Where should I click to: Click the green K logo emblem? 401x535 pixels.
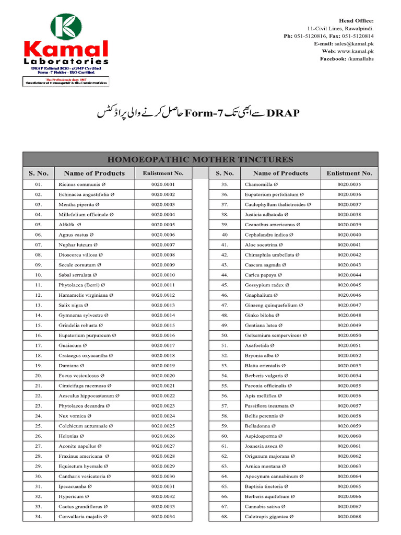[x=66, y=28]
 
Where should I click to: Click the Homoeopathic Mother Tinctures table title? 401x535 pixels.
[x=200, y=159]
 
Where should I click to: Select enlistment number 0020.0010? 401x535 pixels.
[x=163, y=275]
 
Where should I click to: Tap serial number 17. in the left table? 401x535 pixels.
[x=39, y=345]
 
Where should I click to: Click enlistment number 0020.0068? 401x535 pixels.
[x=349, y=517]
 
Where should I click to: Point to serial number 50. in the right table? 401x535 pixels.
[x=225, y=335]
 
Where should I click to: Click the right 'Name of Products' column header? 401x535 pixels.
[x=280, y=173]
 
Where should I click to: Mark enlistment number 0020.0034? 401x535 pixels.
[x=163, y=517]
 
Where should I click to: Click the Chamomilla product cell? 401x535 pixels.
[x=262, y=184]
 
